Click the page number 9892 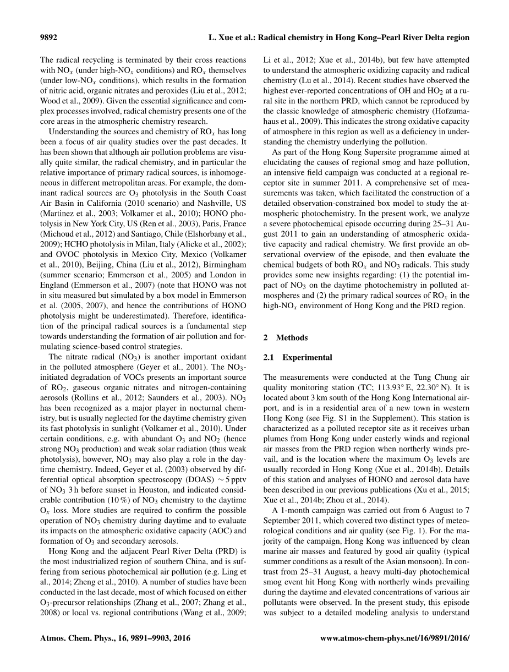click(x=50, y=38)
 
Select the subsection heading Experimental click(x=307, y=357)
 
